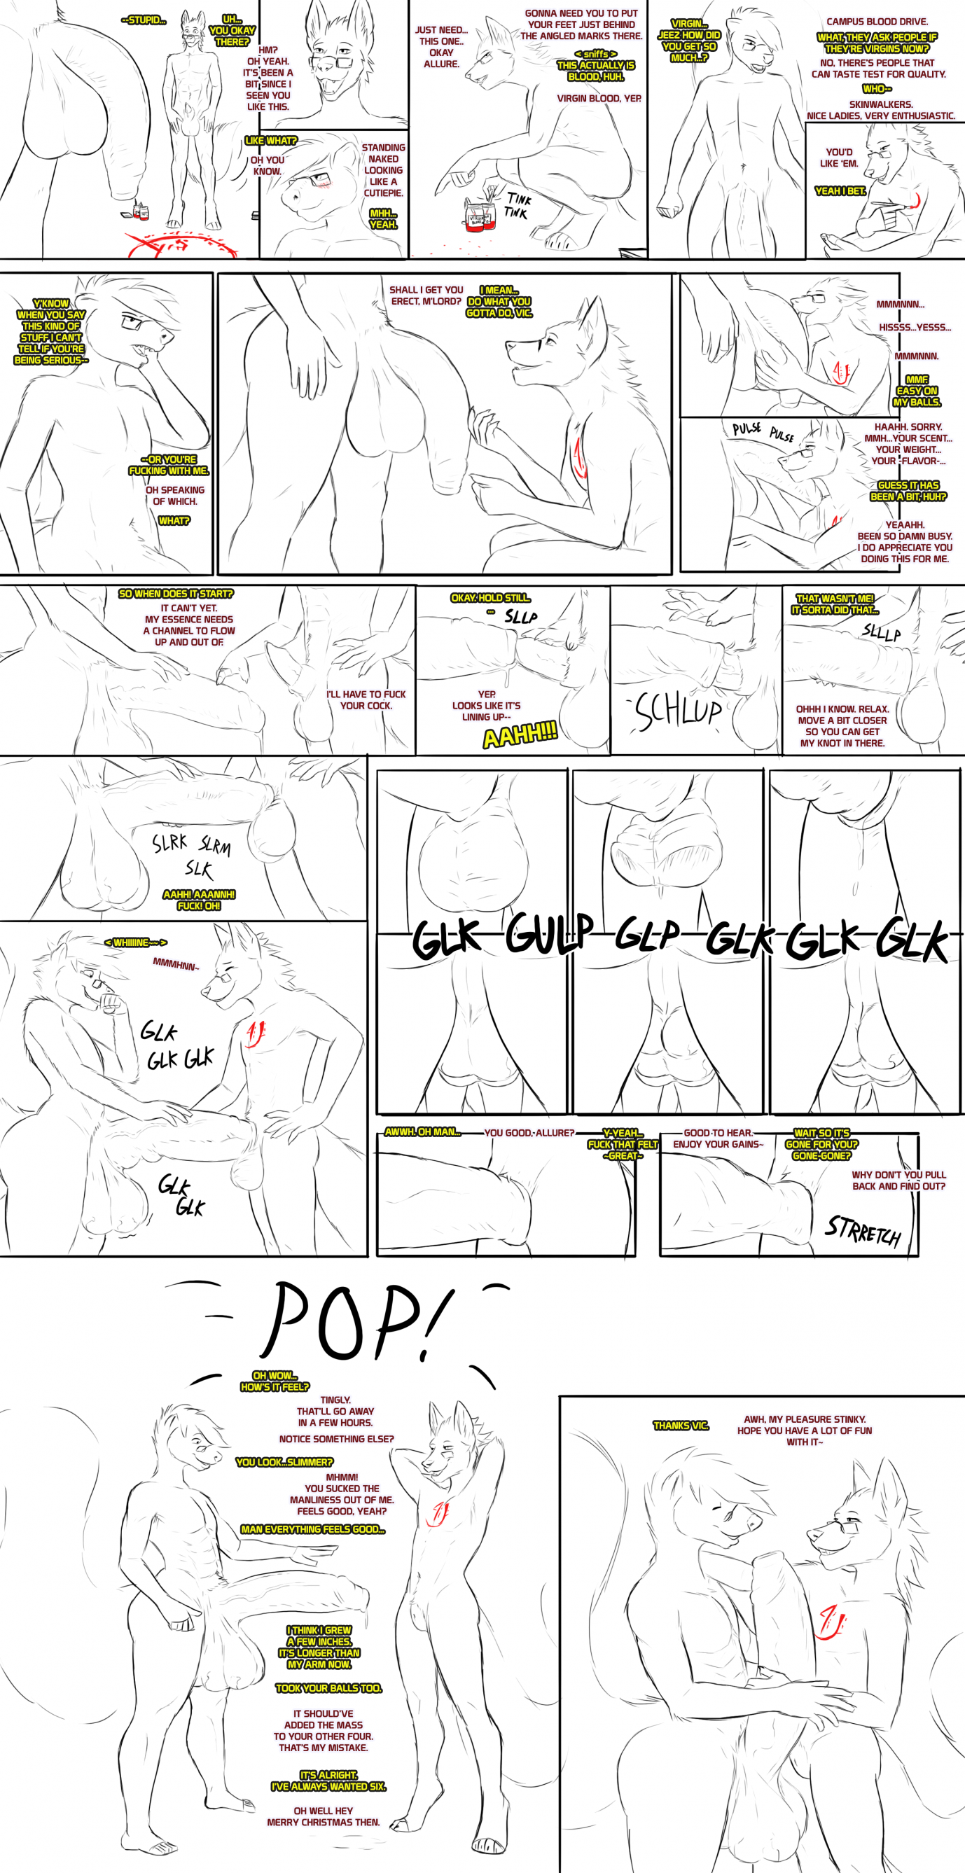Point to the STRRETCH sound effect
point(863,1230)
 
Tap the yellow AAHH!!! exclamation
point(520,736)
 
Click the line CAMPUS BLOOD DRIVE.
point(876,22)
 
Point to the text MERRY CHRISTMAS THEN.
point(323,1822)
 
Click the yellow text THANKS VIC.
point(681,1426)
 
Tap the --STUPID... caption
point(144,20)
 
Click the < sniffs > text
point(595,54)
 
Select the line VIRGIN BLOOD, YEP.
point(599,99)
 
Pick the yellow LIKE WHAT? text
point(270,141)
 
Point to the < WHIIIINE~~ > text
point(135,943)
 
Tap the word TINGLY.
point(335,1400)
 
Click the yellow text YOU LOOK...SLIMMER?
point(284,1462)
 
